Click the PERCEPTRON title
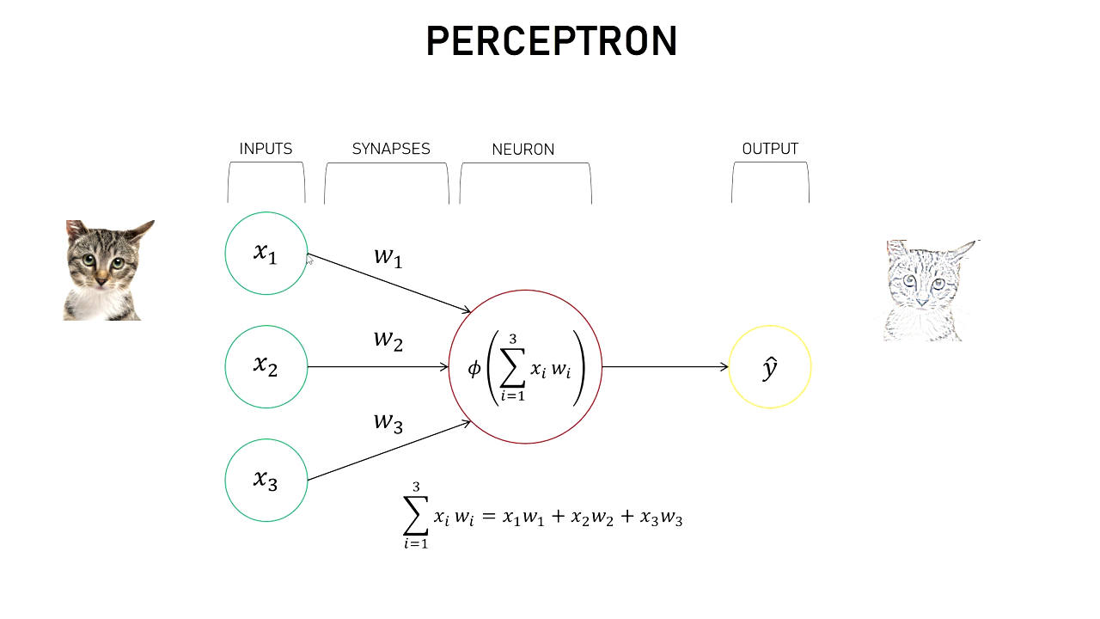pos(552,41)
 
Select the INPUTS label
pos(266,149)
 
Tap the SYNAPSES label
pos(391,149)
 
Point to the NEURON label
pos(523,150)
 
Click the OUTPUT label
pos(770,149)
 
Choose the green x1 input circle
pos(266,254)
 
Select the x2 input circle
pos(266,367)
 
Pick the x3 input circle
pos(266,481)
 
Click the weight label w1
pos(388,256)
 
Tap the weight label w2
pos(388,340)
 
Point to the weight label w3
pos(388,422)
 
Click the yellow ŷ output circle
pos(770,367)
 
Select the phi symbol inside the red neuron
pos(474,368)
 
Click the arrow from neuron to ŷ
pos(665,367)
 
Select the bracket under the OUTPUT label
pos(770,181)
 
